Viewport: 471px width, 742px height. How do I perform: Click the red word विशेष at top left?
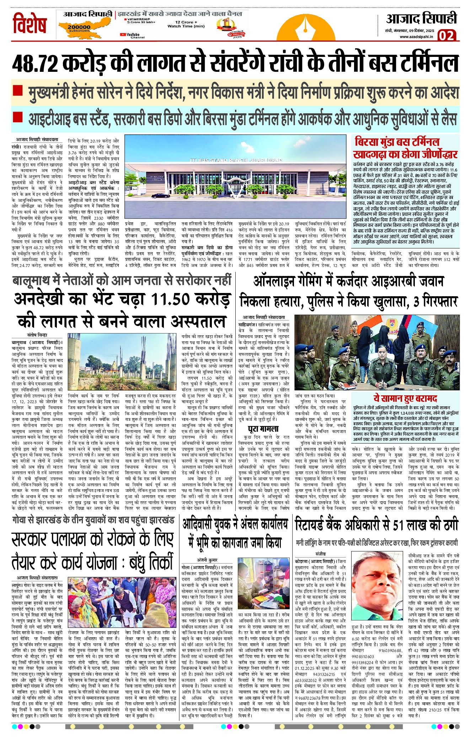click(x=30, y=24)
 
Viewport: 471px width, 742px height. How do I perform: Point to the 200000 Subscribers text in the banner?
click(x=79, y=28)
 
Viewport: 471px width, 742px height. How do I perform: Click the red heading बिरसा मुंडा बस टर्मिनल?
click(x=397, y=142)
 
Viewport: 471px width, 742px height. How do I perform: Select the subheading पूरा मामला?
click(x=263, y=428)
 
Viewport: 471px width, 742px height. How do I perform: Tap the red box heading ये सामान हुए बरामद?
click(x=405, y=398)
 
